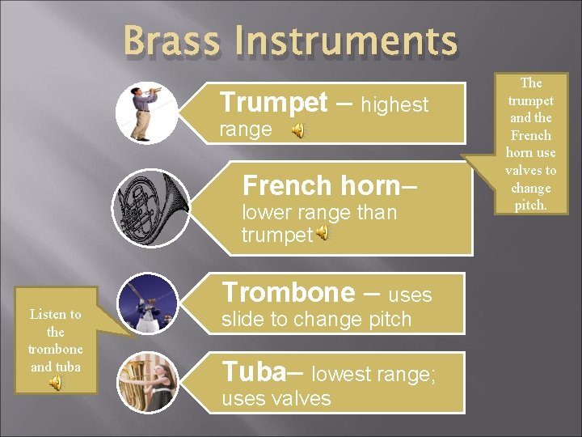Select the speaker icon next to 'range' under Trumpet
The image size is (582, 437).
coord(298,130)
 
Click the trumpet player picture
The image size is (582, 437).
coord(146,112)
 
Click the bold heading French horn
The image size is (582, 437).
coord(321,185)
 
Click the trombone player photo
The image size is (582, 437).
coord(148,303)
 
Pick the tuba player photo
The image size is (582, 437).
coord(148,383)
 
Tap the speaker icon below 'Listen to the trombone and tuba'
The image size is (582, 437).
coord(55,384)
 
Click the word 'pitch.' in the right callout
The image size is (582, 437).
coord(530,206)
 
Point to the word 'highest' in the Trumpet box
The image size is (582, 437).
coord(394,104)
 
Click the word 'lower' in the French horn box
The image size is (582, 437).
coord(264,213)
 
